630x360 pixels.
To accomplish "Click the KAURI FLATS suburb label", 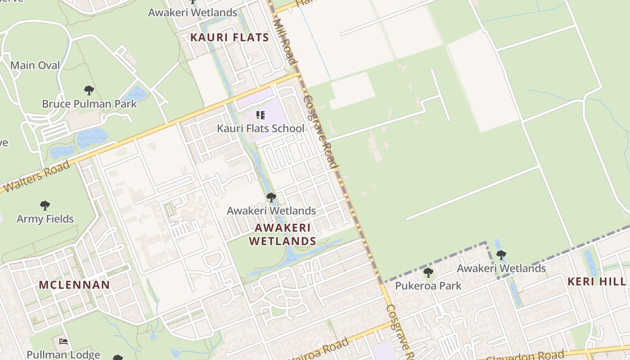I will pyautogui.click(x=229, y=37).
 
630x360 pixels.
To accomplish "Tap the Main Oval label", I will pyautogui.click(x=35, y=65).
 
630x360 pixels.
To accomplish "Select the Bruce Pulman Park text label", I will pyautogui.click(x=89, y=104).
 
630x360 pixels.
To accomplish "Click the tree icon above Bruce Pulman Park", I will pyautogui.click(x=89, y=90).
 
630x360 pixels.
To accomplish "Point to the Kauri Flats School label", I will pyautogui.click(x=261, y=128).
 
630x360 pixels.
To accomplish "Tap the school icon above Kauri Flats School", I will pyautogui.click(x=260, y=116).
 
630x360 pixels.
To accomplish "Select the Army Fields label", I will pyautogui.click(x=45, y=219).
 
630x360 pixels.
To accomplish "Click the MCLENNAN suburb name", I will pyautogui.click(x=74, y=285).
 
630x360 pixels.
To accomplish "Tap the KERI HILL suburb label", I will pyautogui.click(x=597, y=282).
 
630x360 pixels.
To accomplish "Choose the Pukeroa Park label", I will pyautogui.click(x=428, y=286).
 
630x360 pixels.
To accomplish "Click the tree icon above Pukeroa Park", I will pyautogui.click(x=428, y=273).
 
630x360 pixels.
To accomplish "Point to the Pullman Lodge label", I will pyautogui.click(x=63, y=355).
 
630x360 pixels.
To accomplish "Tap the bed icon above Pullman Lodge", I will pyautogui.click(x=63, y=342).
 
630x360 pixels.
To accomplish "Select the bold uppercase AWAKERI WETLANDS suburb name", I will pyautogui.click(x=283, y=234).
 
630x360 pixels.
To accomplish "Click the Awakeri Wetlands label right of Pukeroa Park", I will pyautogui.click(x=501, y=269).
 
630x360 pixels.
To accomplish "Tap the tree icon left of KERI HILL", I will pyautogui.click(x=501, y=256).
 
